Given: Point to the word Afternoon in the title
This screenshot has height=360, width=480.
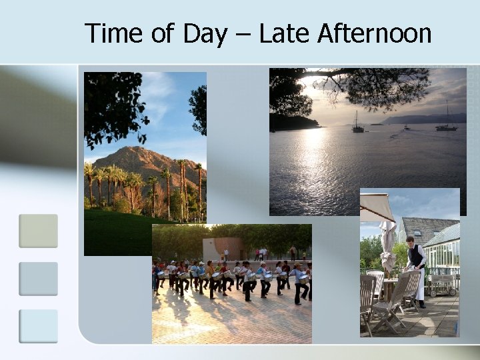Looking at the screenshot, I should pyautogui.click(x=374, y=33).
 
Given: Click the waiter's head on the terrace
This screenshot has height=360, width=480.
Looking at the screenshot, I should pyautogui.click(x=411, y=241).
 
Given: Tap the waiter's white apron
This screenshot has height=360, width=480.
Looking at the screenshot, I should pyautogui.click(x=419, y=283).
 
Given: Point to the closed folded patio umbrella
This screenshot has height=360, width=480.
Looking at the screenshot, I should pyautogui.click(x=388, y=247).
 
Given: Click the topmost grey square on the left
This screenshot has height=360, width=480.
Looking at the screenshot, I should pyautogui.click(x=38, y=231).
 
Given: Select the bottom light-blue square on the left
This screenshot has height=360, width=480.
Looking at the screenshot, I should pyautogui.click(x=38, y=326).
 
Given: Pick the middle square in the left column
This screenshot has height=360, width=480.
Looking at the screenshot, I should pyautogui.click(x=38, y=279).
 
